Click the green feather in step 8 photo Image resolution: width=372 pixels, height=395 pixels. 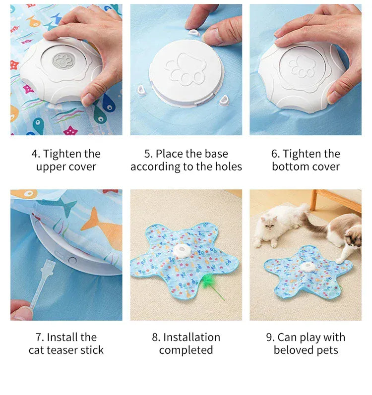tap(209, 285)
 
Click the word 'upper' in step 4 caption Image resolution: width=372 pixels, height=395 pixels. tap(53, 167)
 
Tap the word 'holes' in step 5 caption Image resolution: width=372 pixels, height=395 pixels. tap(226, 167)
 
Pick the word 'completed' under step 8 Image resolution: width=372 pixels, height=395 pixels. tap(186, 350)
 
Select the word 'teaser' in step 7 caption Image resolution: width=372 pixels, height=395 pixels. tap(66, 350)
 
